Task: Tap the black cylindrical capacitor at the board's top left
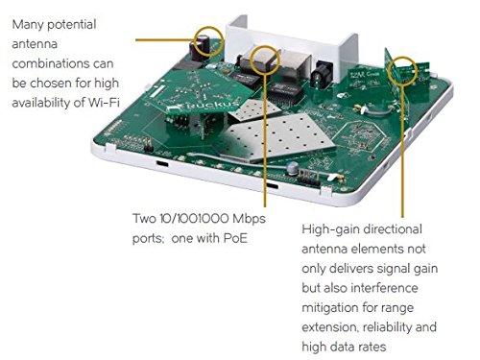click(x=206, y=43)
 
